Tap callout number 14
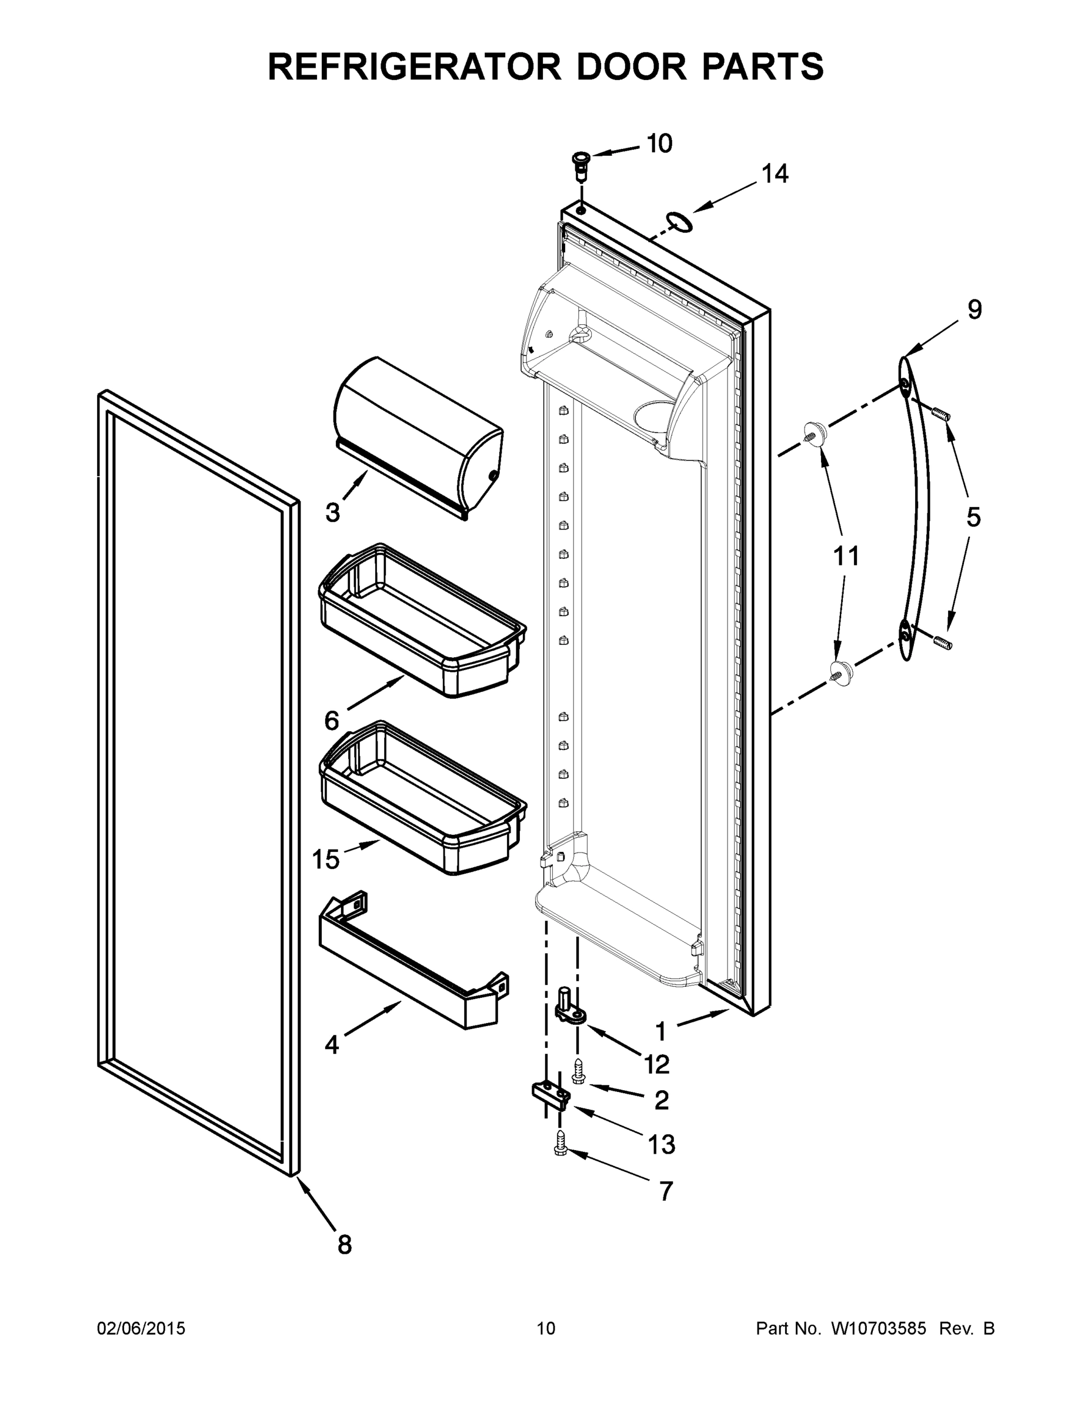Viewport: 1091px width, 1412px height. pos(775,174)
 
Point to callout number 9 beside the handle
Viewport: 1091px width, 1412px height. pos(975,309)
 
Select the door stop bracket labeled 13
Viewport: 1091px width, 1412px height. pos(550,1096)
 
